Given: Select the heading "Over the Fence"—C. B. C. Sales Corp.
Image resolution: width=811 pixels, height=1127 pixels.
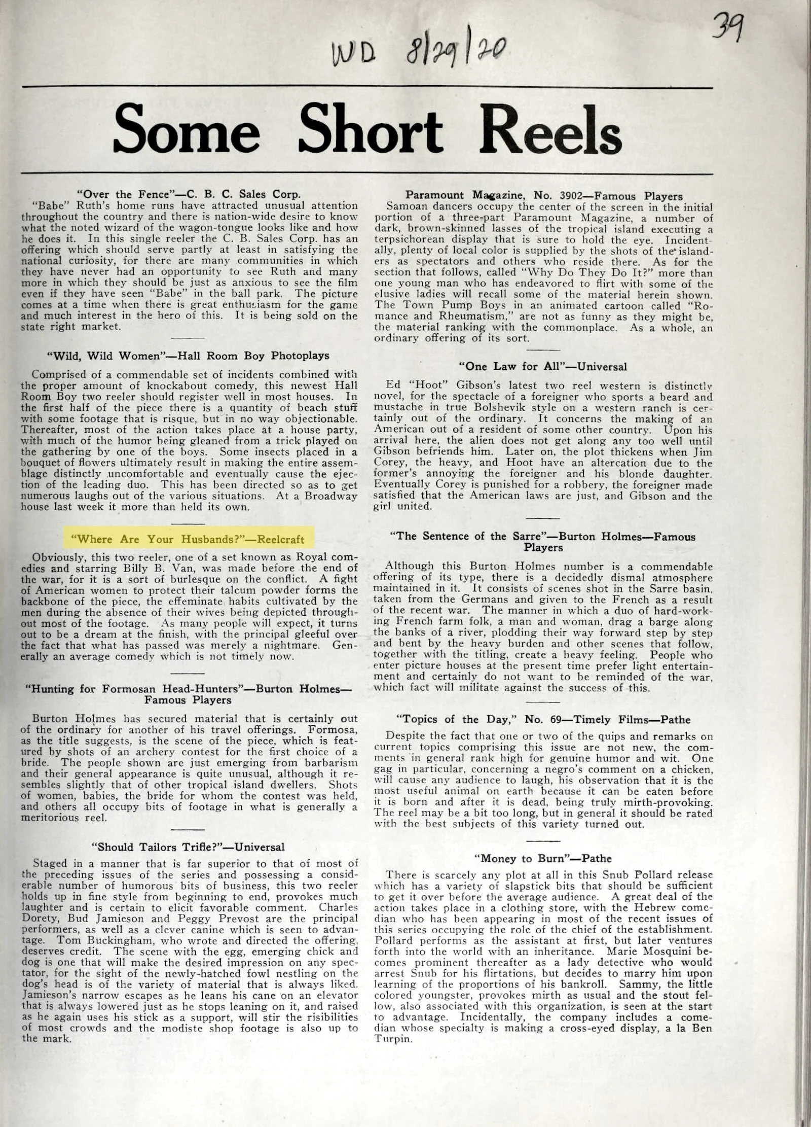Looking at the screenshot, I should click(189, 194).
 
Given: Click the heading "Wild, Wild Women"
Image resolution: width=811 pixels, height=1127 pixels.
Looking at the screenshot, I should click(188, 356).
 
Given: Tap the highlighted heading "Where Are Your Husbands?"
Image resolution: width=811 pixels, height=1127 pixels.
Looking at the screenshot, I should click(189, 539).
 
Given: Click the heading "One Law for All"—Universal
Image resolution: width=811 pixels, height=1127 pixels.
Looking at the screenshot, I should click(542, 366).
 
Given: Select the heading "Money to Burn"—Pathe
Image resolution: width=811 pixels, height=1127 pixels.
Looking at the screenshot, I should click(542, 859).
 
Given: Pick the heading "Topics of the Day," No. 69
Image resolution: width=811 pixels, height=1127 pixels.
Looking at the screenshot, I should click(542, 719).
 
